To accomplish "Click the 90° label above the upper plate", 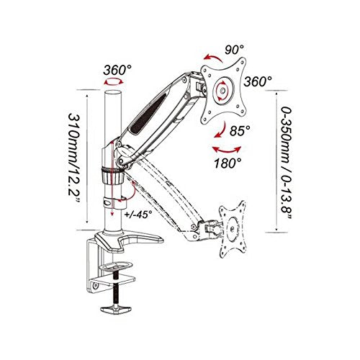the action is [x=235, y=50].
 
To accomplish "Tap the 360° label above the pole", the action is [x=117, y=71].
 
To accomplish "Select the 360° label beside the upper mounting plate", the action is [x=258, y=81].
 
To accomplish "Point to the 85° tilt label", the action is [x=240, y=131].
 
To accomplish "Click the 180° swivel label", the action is [x=228, y=163].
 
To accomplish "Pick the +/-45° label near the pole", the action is [x=138, y=214].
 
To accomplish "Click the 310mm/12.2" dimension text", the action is [x=74, y=158].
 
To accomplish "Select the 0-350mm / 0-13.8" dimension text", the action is [x=286, y=163].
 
